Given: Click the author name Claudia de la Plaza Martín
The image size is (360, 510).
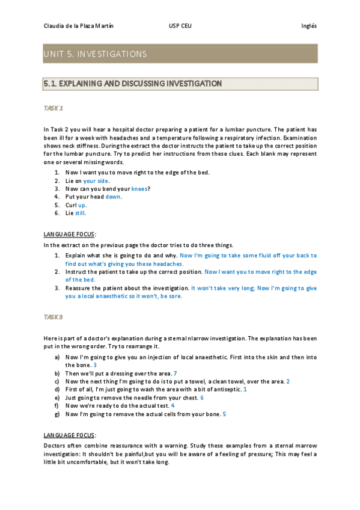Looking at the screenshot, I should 78,26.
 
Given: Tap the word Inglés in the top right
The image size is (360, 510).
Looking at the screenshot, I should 308,26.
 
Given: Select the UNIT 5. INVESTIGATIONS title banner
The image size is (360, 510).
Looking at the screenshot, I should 180,54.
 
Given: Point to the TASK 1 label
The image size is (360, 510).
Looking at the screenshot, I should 53,108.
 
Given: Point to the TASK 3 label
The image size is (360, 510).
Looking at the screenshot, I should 53,316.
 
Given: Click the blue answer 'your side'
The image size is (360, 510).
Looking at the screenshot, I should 96,180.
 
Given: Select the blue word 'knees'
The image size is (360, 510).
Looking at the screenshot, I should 139,188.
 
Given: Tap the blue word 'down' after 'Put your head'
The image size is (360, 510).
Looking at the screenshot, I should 113,196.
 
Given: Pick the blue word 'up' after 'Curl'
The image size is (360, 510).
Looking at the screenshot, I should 82,204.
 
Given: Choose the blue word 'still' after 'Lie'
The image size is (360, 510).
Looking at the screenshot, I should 81,212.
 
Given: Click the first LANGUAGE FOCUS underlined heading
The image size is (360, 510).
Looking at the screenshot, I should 70,233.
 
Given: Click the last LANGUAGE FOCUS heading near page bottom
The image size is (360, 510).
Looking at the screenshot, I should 70,434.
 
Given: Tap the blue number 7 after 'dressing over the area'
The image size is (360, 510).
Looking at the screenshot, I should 175,373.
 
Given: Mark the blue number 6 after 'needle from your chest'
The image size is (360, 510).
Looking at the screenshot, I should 202,398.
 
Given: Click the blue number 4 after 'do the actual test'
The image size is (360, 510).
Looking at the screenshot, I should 173,405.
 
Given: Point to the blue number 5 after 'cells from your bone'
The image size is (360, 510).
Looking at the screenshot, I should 224,414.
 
